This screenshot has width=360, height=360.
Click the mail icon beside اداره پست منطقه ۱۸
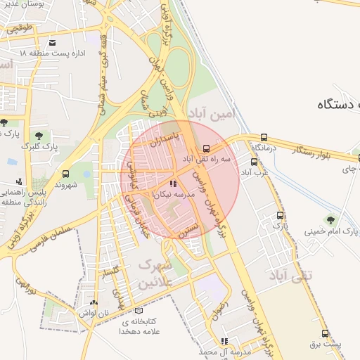[x=53, y=42]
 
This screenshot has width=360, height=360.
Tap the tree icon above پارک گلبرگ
[x=39, y=135]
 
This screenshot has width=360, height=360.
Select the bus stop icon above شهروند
[x=65, y=174]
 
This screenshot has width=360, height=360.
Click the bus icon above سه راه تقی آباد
[x=206, y=148]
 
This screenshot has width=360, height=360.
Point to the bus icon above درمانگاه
[x=264, y=138]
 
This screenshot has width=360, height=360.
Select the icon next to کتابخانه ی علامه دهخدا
[x=139, y=309]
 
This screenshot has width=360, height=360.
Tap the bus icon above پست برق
[x=325, y=333]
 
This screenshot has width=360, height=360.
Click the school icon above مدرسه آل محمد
[x=225, y=340]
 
